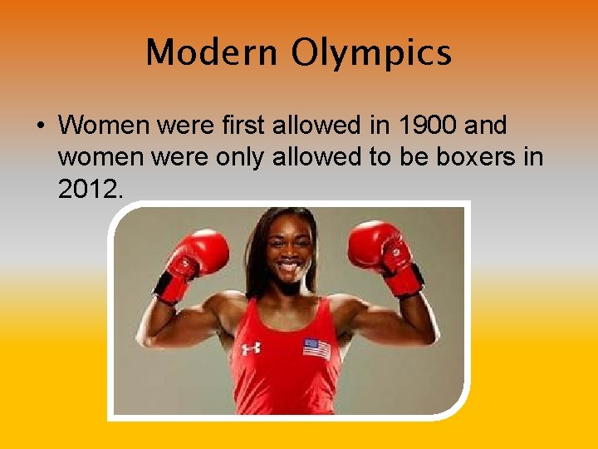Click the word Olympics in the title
[370, 54]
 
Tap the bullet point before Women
[41, 126]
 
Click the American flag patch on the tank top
[316, 348]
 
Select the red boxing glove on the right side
[380, 246]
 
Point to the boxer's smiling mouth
[289, 271]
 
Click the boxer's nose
[288, 253]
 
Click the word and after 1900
[486, 126]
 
